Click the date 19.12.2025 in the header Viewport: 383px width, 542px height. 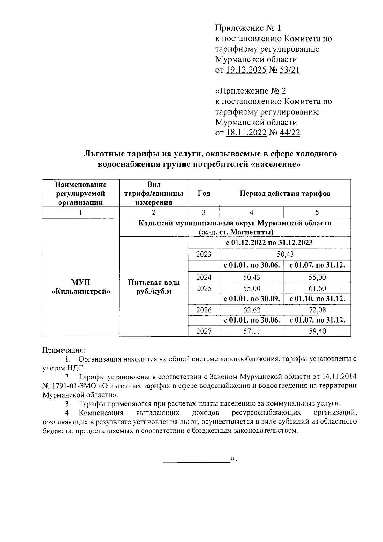246,70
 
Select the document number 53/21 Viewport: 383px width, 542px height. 289,70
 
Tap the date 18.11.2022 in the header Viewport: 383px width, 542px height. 246,133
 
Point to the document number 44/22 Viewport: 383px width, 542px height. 289,133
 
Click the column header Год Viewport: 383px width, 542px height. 204,194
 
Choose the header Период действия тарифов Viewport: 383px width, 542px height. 285,194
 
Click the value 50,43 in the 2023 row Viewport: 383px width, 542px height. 285,255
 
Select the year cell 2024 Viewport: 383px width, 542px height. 204,277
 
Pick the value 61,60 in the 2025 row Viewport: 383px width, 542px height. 317,289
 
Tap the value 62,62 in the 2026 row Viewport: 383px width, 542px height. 252,310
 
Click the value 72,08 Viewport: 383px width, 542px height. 317,310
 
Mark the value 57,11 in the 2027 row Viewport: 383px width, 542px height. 252,332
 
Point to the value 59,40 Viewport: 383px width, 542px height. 317,332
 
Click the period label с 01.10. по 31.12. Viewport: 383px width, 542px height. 317,299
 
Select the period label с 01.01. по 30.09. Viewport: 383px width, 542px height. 252,299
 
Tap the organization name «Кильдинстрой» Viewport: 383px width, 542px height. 81,291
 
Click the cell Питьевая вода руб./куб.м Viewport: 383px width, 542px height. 154,287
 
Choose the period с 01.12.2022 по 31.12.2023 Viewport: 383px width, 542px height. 269,243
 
